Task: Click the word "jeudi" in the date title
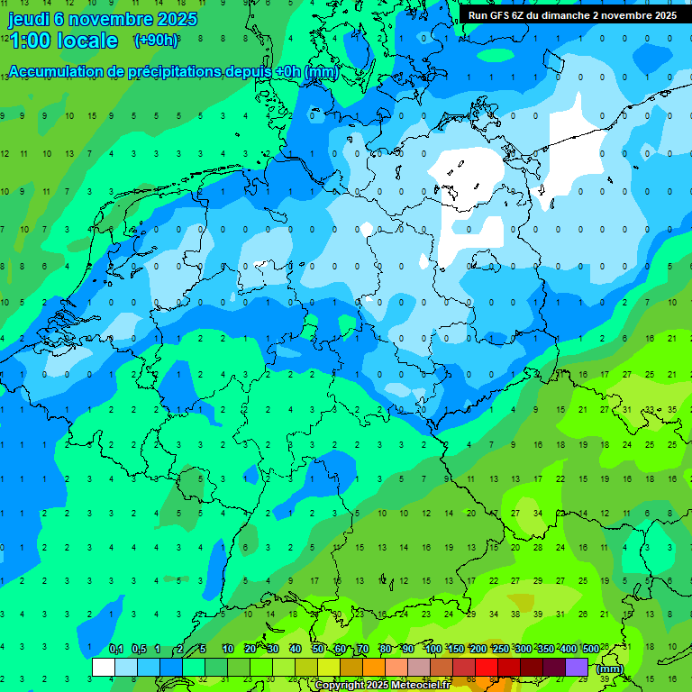point(29,19)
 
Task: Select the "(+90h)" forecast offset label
point(156,40)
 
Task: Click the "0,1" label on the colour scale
point(116,649)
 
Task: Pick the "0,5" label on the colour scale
point(139,649)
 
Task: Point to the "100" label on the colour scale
point(433,649)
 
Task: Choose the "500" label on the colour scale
point(591,649)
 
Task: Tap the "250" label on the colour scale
point(501,649)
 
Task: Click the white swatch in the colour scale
point(104,667)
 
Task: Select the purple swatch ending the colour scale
point(577,667)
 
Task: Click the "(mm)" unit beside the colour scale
point(610,669)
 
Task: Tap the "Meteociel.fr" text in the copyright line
point(418,686)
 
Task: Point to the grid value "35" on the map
point(672,409)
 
